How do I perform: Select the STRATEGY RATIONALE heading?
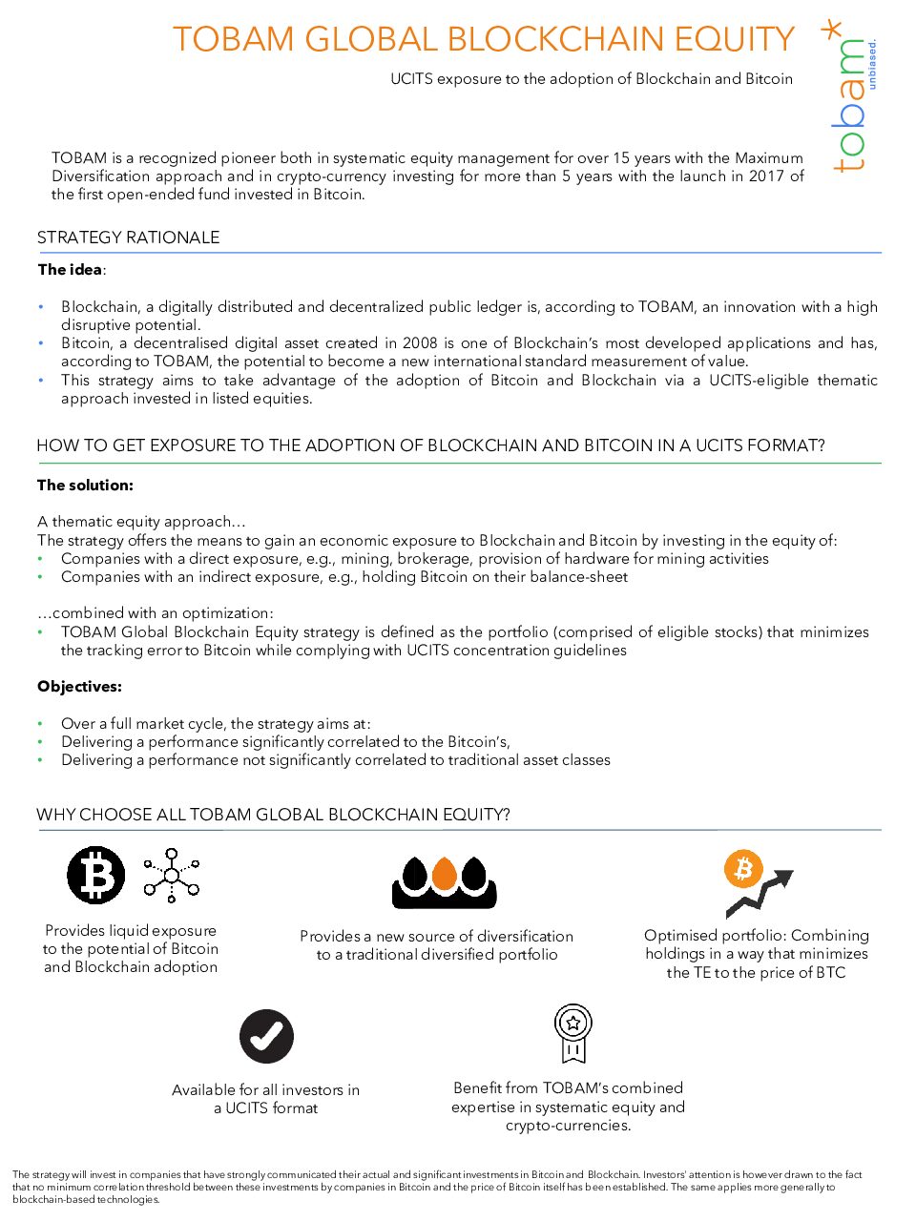click(x=128, y=238)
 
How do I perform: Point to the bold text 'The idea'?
click(x=70, y=270)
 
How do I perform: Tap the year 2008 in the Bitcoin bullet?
click(x=420, y=343)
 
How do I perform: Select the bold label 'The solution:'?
click(x=85, y=486)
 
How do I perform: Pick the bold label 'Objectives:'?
click(x=79, y=687)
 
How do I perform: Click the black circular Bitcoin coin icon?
click(x=95, y=875)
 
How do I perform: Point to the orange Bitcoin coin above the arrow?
click(x=743, y=868)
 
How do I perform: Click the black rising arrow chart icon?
click(x=760, y=893)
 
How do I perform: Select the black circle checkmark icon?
click(x=266, y=1036)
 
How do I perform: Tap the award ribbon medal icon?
click(x=573, y=1033)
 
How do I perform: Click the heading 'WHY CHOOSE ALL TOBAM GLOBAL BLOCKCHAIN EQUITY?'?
click(x=273, y=815)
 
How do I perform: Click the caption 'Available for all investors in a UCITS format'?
click(x=265, y=1099)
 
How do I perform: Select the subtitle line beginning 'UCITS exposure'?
click(x=592, y=79)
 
